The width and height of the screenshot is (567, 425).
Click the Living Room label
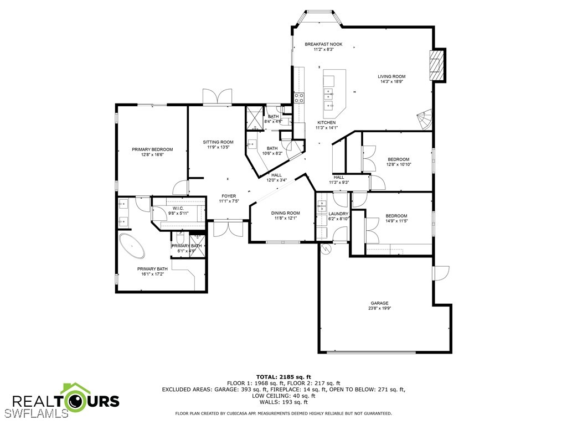(391, 79)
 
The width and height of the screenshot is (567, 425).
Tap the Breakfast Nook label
(323, 46)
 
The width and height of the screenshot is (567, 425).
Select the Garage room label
(380, 305)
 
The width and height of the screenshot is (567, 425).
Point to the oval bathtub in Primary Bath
(132, 246)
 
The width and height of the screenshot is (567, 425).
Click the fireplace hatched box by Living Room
(436, 65)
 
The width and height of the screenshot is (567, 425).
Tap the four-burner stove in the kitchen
(299, 97)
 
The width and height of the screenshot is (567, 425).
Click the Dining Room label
(286, 215)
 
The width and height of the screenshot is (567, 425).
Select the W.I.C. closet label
(178, 211)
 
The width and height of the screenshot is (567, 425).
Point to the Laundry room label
(338, 216)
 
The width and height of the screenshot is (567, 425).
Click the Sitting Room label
(218, 144)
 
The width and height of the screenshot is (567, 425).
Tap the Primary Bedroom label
(152, 152)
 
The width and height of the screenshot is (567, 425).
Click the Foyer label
(229, 199)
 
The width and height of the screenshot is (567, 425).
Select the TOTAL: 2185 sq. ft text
(283, 377)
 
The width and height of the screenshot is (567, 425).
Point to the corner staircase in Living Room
(425, 120)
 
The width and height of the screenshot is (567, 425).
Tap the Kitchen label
(327, 125)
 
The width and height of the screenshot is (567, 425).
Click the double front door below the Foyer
(228, 229)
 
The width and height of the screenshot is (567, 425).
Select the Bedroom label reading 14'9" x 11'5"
(396, 218)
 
